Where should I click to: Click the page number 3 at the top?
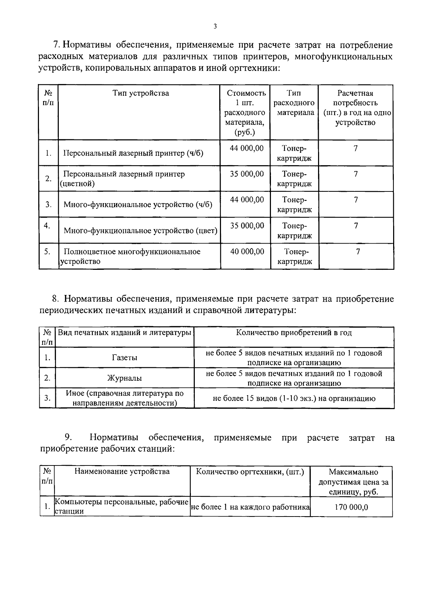[x=215, y=26]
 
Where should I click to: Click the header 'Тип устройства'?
[x=141, y=93]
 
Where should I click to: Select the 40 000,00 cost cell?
[x=247, y=251]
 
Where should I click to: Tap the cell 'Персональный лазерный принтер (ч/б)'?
[x=133, y=154]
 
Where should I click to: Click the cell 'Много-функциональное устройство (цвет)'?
[x=140, y=231]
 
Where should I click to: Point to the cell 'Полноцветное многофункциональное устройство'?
[x=132, y=256]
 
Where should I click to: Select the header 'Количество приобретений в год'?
[x=294, y=333]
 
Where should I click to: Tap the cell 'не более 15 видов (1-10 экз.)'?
[x=294, y=398]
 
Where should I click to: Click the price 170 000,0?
[x=351, y=507]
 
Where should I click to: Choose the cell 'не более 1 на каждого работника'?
[x=250, y=507]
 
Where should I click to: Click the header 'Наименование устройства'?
[x=122, y=472]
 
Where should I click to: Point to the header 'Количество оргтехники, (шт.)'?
[x=250, y=472]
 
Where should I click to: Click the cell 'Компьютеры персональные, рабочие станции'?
[x=122, y=507]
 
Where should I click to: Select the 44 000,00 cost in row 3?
[x=247, y=200]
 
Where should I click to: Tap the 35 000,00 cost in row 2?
[x=247, y=174]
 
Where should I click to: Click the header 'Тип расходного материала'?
[x=294, y=103]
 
